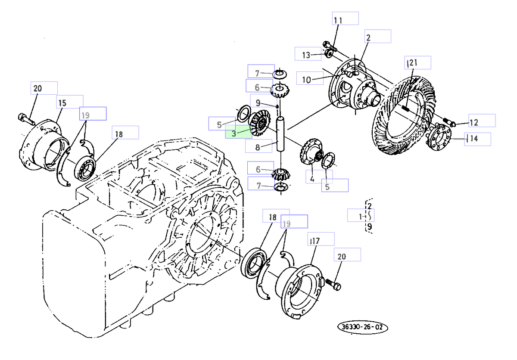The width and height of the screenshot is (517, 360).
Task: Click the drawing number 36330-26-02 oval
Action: (362, 327)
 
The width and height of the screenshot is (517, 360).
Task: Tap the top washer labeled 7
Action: (280, 74)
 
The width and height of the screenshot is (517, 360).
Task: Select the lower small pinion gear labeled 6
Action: (280, 174)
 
